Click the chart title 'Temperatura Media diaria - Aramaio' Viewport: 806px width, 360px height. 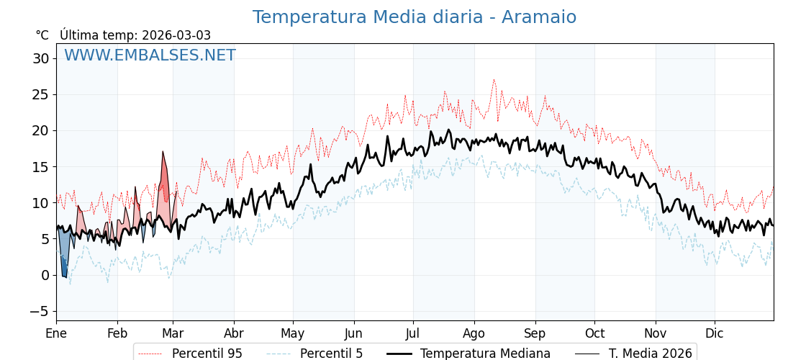click(x=414, y=17)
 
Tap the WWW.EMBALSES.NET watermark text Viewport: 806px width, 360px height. click(x=150, y=55)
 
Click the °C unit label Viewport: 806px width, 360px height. click(x=42, y=35)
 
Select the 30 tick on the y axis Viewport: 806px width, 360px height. click(x=40, y=58)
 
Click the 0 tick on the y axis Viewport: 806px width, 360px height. click(x=45, y=275)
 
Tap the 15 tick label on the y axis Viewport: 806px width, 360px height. click(x=40, y=166)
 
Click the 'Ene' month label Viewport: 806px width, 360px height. click(x=56, y=333)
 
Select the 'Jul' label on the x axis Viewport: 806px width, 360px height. click(x=413, y=333)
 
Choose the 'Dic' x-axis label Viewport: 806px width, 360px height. click(x=715, y=333)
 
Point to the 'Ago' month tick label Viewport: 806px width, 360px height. click(x=474, y=333)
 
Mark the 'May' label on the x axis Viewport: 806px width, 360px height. click(x=293, y=333)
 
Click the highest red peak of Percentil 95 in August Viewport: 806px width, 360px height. click(x=494, y=80)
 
